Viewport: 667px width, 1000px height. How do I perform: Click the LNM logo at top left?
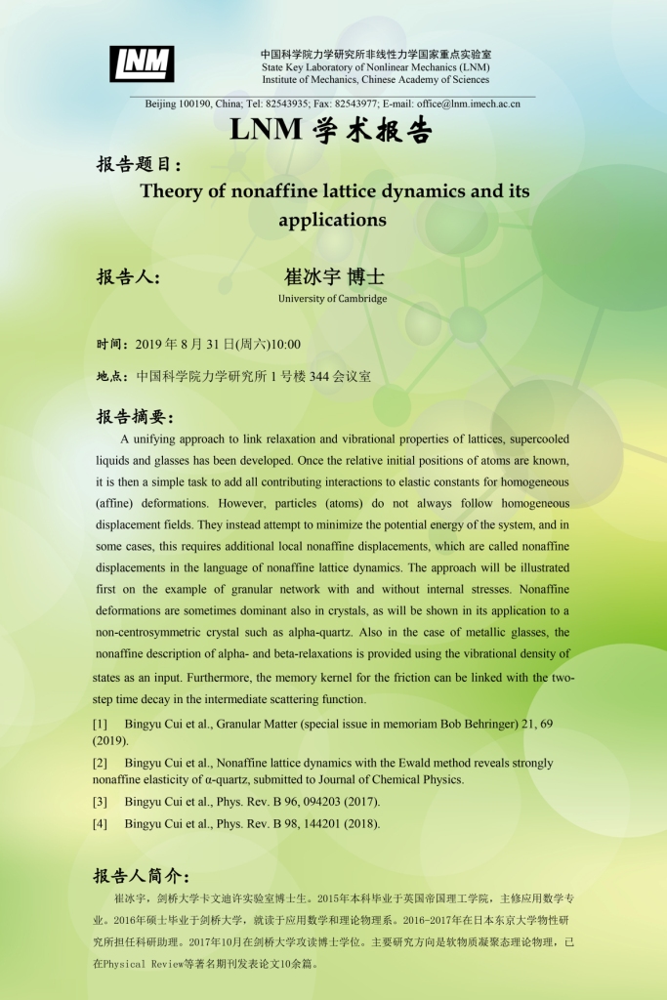(142, 63)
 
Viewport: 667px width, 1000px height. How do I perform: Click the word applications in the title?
(332, 220)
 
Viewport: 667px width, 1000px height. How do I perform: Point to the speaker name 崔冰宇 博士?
(333, 276)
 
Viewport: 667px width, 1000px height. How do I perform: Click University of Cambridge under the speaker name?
(332, 299)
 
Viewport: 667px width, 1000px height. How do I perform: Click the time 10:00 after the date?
(285, 344)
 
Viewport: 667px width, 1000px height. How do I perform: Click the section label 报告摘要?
(134, 417)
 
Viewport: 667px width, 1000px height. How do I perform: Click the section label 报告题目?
(138, 164)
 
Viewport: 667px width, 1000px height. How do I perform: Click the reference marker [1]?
(100, 724)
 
